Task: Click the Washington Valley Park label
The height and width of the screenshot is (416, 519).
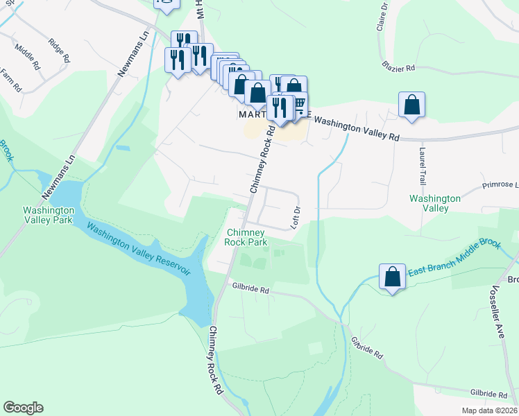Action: coord(48,216)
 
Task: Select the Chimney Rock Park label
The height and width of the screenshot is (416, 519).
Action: coord(246,237)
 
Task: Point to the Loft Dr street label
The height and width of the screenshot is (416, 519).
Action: coord(296,217)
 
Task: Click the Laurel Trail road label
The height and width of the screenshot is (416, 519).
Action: coord(422,164)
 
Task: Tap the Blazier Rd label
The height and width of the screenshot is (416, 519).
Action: coord(398,68)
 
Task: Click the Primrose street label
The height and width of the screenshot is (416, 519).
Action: coord(500,186)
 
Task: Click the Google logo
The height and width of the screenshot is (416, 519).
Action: coord(23,408)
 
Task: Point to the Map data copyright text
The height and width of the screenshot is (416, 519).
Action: coord(489,410)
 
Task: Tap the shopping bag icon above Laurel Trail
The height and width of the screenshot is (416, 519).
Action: coord(412,105)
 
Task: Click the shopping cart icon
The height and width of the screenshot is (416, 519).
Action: coord(299,104)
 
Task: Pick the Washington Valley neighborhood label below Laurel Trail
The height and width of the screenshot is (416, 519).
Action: coord(435,203)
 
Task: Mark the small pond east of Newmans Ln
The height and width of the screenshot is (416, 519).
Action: coord(124,148)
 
